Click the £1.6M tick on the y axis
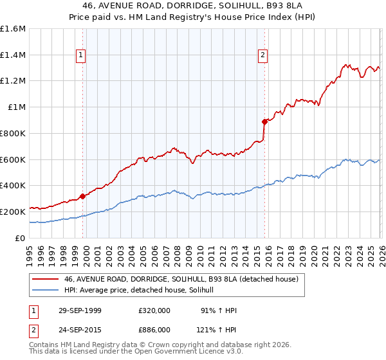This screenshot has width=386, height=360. pos(13,29)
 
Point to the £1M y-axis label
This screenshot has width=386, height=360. pos(17,107)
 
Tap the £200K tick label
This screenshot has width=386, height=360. pos(13,212)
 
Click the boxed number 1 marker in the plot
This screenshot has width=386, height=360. pos(81,56)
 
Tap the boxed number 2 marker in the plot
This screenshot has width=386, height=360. pos(263,56)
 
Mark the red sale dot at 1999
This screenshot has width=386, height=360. pos(82,196)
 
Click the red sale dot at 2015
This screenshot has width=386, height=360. pos(264,122)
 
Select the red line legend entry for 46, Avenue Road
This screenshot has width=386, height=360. pos(180,280)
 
